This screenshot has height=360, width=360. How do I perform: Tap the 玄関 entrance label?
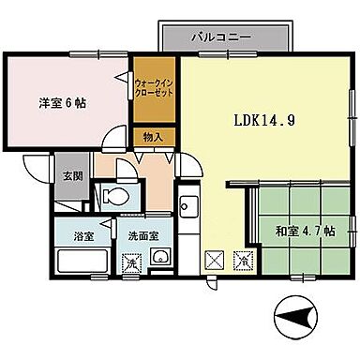71,174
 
